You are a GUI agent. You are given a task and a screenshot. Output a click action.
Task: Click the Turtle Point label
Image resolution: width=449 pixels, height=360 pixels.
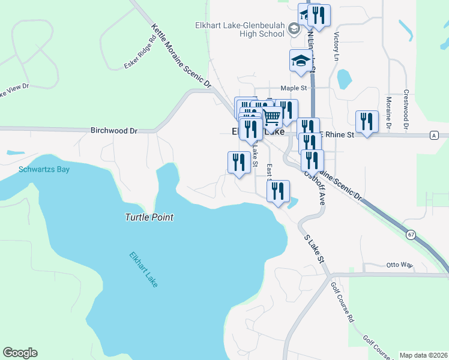pyautogui.click(x=149, y=217)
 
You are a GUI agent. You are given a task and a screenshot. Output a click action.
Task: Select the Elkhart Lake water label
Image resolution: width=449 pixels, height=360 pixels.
pyautogui.click(x=145, y=269)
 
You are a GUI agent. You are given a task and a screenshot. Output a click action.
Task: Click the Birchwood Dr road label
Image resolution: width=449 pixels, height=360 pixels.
pyautogui.click(x=114, y=130)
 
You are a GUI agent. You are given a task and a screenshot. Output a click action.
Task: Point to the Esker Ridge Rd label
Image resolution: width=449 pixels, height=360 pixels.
pyautogui.click(x=140, y=54)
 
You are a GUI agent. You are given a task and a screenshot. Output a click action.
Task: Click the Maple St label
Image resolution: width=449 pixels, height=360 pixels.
pyautogui.click(x=294, y=88)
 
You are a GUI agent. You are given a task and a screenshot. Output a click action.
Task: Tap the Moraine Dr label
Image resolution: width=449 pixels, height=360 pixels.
pyautogui.click(x=389, y=113)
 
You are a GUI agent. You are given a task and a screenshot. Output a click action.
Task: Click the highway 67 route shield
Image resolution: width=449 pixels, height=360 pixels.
pyautogui.click(x=410, y=233)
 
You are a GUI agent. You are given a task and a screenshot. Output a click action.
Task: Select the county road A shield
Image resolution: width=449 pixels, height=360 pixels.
pyautogui.click(x=433, y=136)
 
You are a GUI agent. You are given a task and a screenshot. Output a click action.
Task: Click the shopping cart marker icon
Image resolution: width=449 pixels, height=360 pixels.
pyautogui.click(x=271, y=117)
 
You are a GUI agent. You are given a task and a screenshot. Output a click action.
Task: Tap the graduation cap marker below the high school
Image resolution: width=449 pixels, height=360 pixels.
pyautogui.click(x=301, y=61)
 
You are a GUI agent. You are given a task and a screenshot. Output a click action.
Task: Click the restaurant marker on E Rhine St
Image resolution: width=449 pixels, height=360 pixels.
pyautogui.click(x=366, y=122)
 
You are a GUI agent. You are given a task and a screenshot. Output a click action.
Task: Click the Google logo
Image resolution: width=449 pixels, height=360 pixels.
pyautogui.click(x=20, y=353)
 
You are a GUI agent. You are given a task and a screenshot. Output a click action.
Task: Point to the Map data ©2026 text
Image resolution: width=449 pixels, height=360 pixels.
pyautogui.click(x=423, y=355)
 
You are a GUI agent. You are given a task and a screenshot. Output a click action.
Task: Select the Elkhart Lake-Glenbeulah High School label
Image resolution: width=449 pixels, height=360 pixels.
pyautogui.click(x=239, y=29)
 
